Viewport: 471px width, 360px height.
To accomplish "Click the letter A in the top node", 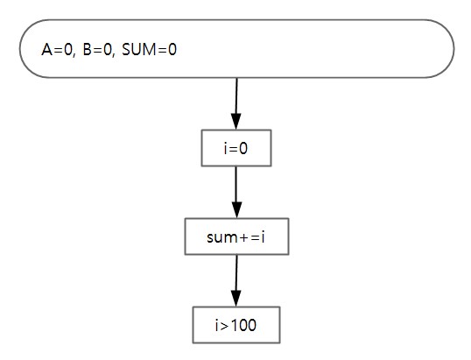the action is coord(47,50).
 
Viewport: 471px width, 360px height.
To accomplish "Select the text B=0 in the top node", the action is coord(97,50).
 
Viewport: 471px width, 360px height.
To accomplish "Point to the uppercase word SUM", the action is coord(139,50).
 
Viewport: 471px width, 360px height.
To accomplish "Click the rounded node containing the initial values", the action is coord(236,49).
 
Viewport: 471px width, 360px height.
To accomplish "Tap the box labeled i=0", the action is coord(236,148).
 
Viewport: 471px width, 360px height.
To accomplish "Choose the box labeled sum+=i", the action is coord(236,236).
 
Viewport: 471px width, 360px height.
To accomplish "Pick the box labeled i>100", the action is coord(236,325).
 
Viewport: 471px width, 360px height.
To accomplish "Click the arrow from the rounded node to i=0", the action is coord(236,104).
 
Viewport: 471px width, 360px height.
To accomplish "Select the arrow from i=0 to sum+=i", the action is coord(236,193).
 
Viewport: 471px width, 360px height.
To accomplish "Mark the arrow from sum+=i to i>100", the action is coord(236,280).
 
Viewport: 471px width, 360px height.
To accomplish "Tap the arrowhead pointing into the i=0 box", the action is coord(236,122).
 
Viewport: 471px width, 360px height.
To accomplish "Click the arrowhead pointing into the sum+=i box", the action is coord(236,210).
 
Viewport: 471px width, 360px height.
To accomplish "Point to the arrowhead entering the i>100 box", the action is coord(236,299).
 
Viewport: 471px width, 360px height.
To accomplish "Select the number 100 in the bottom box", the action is coord(244,325).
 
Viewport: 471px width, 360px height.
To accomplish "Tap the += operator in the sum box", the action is coord(249,237).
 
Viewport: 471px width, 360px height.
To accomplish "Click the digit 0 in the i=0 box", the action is coord(243,148).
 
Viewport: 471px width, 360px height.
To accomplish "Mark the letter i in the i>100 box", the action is coord(217,325).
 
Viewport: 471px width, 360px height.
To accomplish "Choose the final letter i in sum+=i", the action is coord(263,237).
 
